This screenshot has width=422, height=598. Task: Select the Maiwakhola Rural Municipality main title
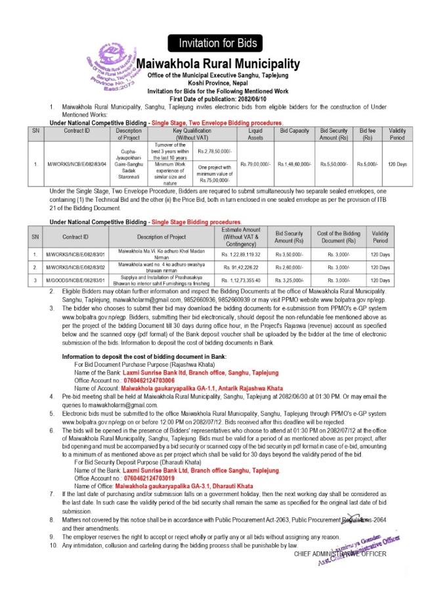click(x=217, y=64)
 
